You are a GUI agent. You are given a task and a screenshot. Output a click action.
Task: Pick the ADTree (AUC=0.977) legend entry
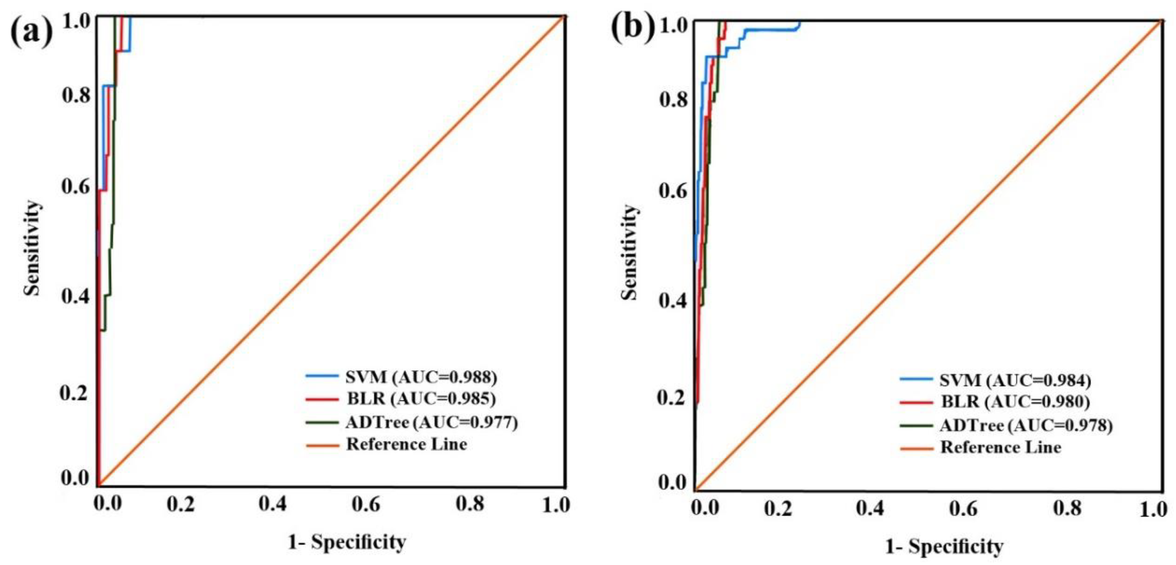pyautogui.click(x=431, y=422)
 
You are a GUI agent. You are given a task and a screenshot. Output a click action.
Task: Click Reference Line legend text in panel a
pyautogui.click(x=406, y=444)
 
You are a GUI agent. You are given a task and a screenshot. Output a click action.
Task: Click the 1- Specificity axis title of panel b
pyautogui.click(x=944, y=546)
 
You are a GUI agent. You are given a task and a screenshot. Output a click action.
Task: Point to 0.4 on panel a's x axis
pyautogui.click(x=273, y=504)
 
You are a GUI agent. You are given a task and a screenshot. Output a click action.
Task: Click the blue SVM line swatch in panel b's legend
pyautogui.click(x=916, y=379)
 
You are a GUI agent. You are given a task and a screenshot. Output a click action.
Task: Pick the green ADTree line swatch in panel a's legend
pyautogui.click(x=322, y=422)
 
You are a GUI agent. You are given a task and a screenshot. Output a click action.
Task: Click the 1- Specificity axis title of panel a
pyautogui.click(x=347, y=542)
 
